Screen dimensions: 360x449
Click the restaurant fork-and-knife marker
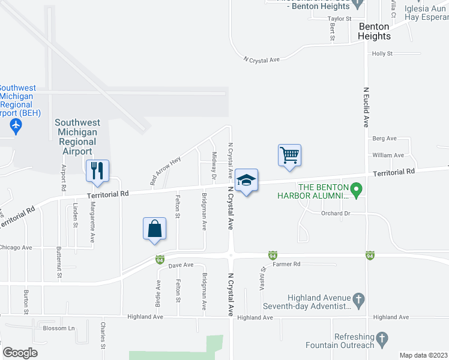click(x=97, y=171)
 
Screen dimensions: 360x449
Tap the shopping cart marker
click(x=289, y=155)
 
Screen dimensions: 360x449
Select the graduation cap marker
click(x=246, y=180)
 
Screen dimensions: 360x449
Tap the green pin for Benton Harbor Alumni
click(x=355, y=191)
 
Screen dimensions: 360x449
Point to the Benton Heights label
click(x=374, y=31)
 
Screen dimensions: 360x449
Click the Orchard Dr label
click(x=335, y=214)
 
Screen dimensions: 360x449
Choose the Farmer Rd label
click(x=286, y=264)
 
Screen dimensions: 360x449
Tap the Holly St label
click(x=382, y=53)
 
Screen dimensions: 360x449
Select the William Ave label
click(x=388, y=155)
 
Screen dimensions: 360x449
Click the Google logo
click(x=20, y=353)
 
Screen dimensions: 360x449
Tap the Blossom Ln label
click(x=58, y=328)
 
